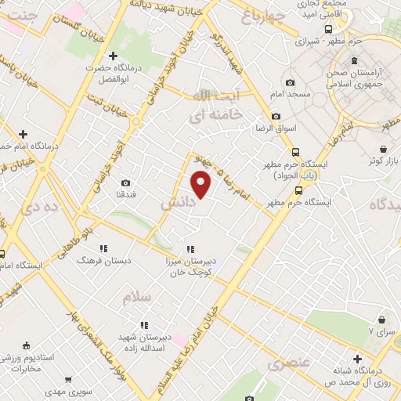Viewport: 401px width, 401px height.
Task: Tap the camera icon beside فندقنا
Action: click(126, 183)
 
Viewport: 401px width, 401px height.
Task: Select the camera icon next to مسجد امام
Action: click(291, 83)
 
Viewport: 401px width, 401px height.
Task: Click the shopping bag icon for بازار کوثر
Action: click(383, 149)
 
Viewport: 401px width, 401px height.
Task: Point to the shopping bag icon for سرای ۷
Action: click(381, 320)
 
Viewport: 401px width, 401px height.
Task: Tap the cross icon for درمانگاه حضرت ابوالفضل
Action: click(114, 56)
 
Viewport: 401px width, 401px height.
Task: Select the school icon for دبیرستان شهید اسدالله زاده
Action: click(143, 324)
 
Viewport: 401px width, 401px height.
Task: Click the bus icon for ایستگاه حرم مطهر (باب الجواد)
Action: click(295, 152)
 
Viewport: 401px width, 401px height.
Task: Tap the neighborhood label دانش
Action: click(176, 202)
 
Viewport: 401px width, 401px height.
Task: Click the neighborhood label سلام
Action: click(135, 298)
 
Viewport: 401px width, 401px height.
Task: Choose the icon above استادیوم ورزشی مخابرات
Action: click(28, 345)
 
